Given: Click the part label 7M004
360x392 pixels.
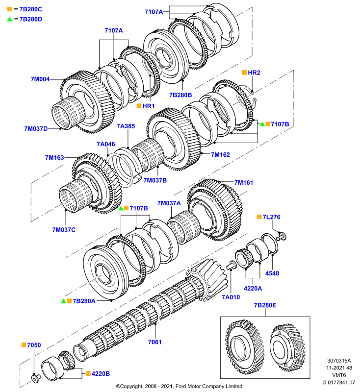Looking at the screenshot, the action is coord(40,79).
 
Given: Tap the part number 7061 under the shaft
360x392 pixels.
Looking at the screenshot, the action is coord(154,342).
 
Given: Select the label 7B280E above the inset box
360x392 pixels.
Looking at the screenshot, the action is coord(265,305).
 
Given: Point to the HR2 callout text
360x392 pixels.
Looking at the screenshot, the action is coord(254,73).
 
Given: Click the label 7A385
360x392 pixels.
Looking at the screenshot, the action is coord(126,126).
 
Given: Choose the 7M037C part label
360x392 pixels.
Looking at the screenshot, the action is coord(64,230).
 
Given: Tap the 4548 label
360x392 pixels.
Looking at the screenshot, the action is coord(272,273).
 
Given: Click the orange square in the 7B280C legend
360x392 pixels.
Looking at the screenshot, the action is coord(9,9).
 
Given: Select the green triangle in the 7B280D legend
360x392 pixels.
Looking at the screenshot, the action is coord(9,19).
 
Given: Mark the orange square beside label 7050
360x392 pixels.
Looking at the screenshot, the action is coord(24,345).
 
